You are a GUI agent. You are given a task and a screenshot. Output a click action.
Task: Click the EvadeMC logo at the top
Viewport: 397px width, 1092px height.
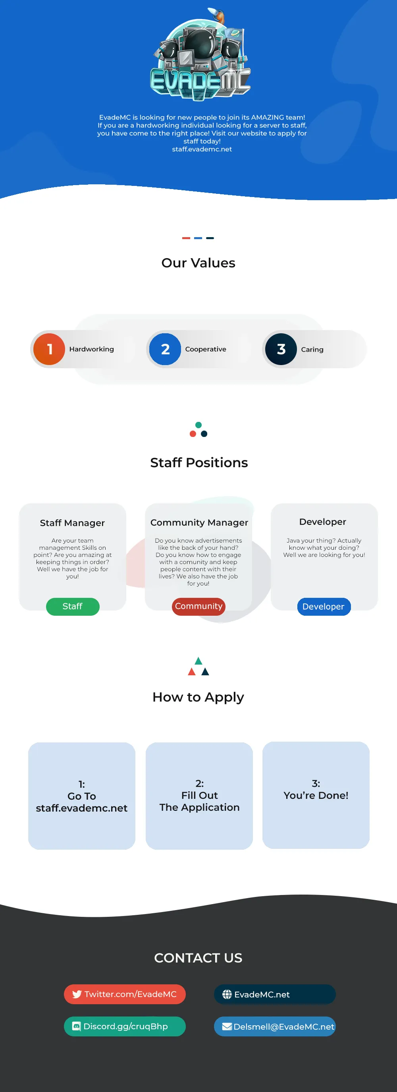click(x=200, y=54)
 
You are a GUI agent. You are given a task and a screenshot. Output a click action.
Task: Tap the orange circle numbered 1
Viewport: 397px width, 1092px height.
click(x=49, y=349)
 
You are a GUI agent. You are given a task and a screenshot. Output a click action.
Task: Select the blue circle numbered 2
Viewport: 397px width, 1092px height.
click(x=165, y=349)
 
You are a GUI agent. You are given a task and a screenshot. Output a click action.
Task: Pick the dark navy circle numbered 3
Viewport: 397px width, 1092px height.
click(x=281, y=349)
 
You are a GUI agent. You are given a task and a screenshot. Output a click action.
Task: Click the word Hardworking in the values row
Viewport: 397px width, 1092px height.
click(x=92, y=349)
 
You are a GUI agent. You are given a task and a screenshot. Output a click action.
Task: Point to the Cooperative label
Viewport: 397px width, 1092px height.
click(x=206, y=349)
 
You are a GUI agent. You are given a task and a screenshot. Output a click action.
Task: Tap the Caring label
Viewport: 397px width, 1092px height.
click(x=312, y=349)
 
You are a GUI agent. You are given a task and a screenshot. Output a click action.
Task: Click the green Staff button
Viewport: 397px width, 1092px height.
click(x=72, y=606)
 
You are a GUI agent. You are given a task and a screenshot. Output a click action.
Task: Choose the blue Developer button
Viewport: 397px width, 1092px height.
click(x=324, y=607)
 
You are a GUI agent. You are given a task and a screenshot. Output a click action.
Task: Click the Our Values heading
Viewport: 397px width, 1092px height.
click(x=198, y=263)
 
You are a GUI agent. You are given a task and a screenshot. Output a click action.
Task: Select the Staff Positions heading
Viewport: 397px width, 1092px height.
click(x=199, y=462)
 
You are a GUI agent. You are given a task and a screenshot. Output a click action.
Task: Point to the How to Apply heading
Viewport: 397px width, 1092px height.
click(x=198, y=697)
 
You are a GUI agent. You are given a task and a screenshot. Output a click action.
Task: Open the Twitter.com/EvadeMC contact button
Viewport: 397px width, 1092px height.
click(x=125, y=994)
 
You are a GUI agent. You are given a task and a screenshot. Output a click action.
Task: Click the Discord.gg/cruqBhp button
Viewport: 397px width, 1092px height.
click(x=125, y=1026)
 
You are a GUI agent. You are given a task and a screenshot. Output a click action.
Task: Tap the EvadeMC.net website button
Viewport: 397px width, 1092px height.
click(x=275, y=994)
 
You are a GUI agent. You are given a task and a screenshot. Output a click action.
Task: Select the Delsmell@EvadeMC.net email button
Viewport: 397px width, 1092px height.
click(x=275, y=1026)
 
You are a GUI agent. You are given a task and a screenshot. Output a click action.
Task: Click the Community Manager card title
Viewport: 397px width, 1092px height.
click(x=199, y=523)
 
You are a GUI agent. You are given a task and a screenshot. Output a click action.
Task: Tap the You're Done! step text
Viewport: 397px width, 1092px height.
click(x=316, y=795)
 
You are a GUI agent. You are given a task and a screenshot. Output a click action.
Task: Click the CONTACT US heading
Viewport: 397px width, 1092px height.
click(x=198, y=958)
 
